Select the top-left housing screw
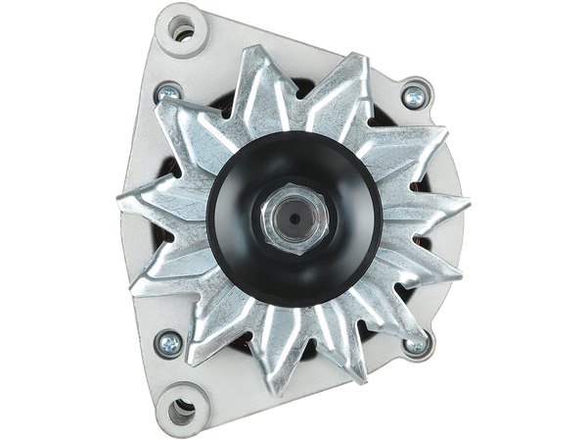click(x=167, y=92)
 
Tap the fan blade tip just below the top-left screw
click(x=162, y=115)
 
